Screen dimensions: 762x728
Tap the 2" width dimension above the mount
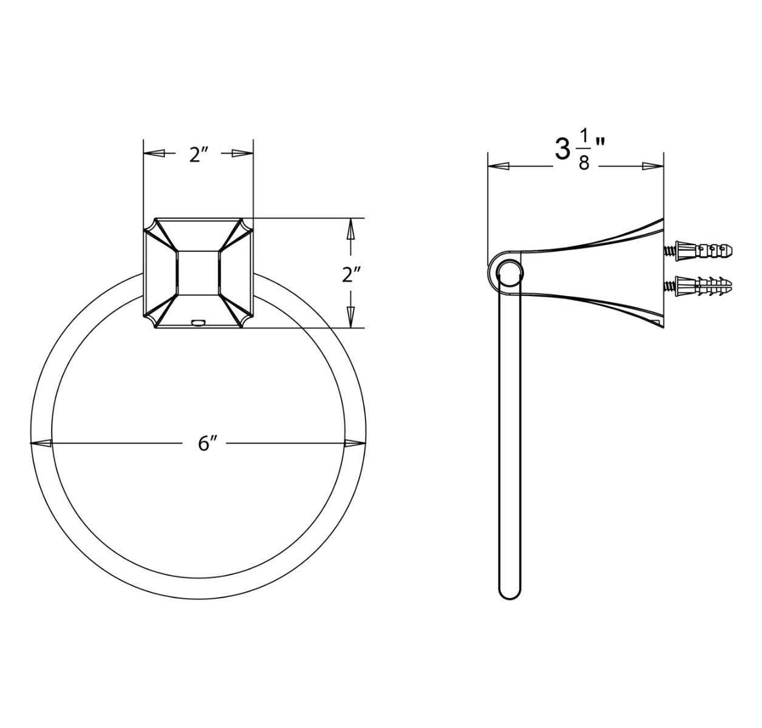pyautogui.click(x=199, y=155)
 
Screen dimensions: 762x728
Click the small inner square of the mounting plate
pyautogui.click(x=198, y=272)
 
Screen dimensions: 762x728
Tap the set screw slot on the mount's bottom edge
pyautogui.click(x=198, y=322)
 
